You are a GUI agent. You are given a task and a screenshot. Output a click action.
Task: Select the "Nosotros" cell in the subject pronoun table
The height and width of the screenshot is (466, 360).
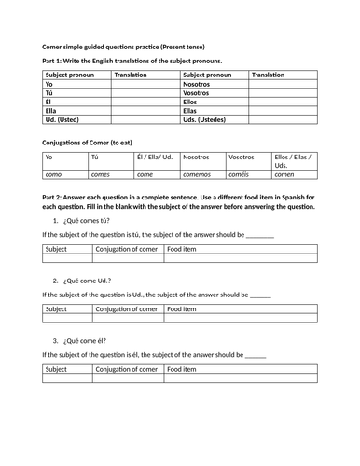click(200, 84)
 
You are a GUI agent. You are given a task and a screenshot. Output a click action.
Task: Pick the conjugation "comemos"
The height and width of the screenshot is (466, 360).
click(199, 174)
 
